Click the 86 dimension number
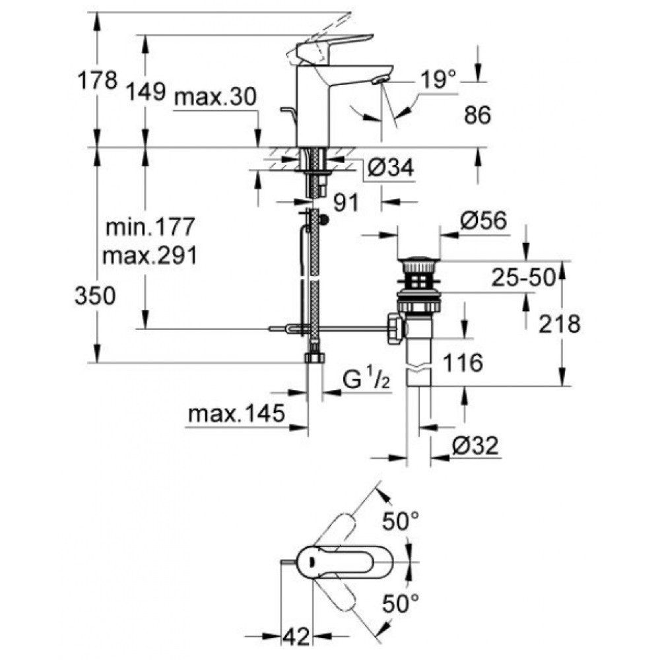click(477, 116)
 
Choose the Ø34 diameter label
click(389, 170)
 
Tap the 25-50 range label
click(521, 279)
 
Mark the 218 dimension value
click(559, 323)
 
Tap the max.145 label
click(236, 414)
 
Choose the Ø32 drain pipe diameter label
click(474, 447)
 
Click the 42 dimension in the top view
click(298, 637)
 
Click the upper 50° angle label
click(401, 523)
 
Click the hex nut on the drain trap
click(394, 328)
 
